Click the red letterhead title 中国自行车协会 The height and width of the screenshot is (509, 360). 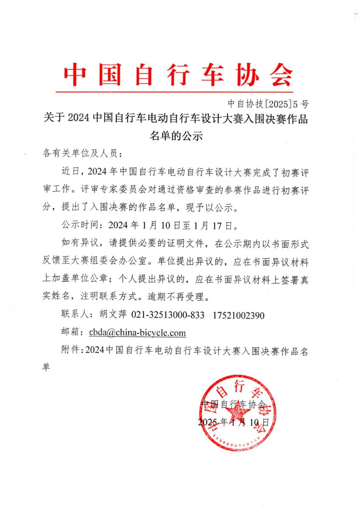[x=178, y=76]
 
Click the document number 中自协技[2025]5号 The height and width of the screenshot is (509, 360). [x=268, y=103]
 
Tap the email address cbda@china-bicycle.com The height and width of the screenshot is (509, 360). [x=137, y=333]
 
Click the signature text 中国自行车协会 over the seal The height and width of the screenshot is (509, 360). [x=234, y=404]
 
